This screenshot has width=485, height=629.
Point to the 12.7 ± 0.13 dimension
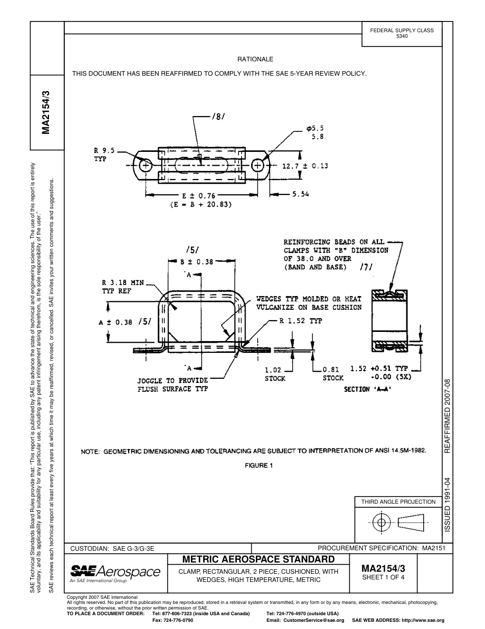pos(305,166)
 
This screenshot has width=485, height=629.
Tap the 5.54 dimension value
pos(300,194)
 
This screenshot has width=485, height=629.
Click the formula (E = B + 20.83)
pos(201,205)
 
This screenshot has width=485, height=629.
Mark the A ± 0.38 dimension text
pos(115,322)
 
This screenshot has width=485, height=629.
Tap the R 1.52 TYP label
pos(301,321)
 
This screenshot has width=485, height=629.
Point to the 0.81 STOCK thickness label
pos(333,374)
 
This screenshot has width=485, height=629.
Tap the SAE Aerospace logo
pos(115,572)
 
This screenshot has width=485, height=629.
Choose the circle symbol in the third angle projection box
pos(381,522)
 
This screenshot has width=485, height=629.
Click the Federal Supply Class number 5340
pos(402,36)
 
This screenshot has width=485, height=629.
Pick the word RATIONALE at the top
pos(255,59)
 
